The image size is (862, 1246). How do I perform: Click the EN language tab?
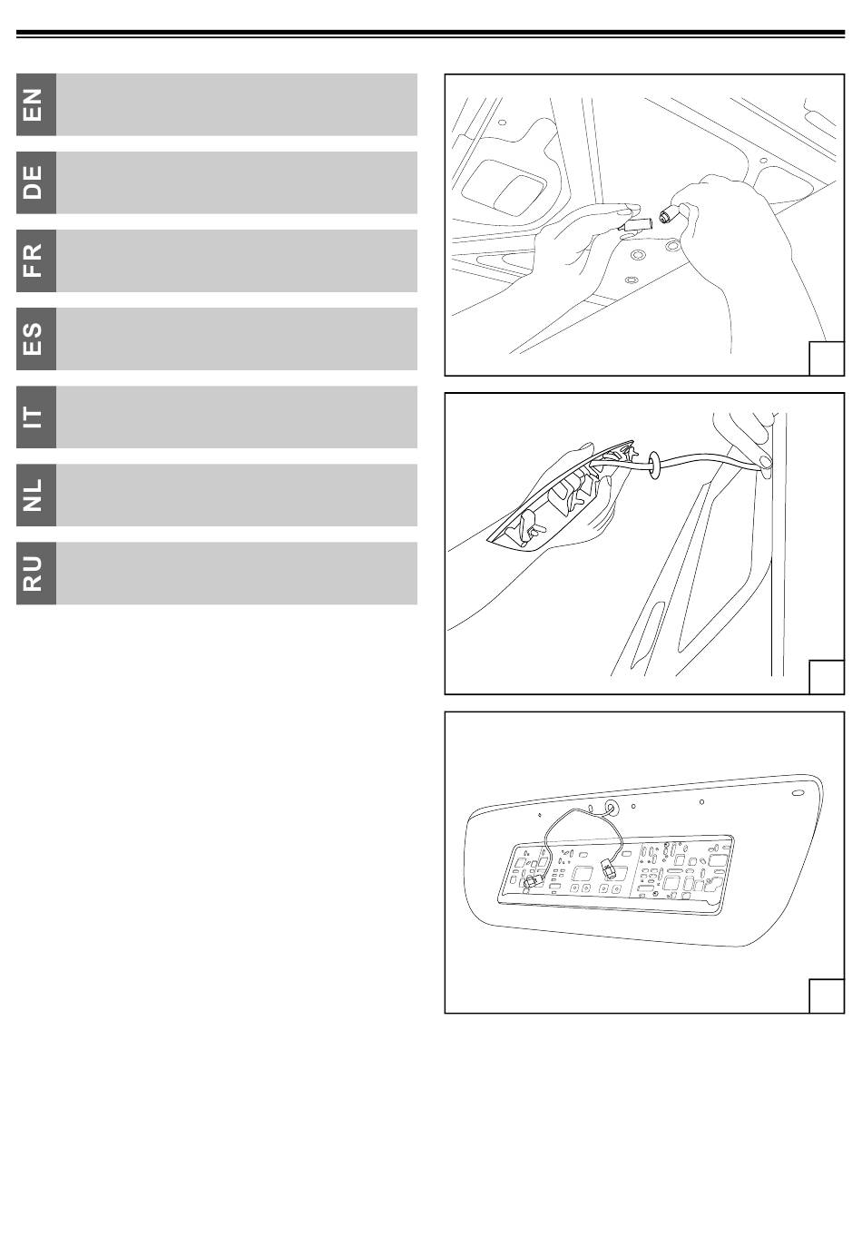pyautogui.click(x=36, y=104)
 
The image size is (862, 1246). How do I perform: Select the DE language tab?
pyautogui.click(x=36, y=182)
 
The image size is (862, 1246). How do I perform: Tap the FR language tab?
pyautogui.click(x=36, y=260)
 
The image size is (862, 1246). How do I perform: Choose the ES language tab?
pyautogui.click(x=36, y=338)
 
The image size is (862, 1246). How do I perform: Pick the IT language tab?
pyautogui.click(x=36, y=417)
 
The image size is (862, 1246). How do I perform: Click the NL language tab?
pyautogui.click(x=36, y=495)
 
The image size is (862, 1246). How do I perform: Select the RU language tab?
pyautogui.click(x=36, y=574)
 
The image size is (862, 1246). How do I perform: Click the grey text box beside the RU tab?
pyautogui.click(x=237, y=574)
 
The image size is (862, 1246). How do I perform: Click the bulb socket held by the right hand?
pyautogui.click(x=670, y=214)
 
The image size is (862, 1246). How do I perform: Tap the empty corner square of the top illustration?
pyautogui.click(x=827, y=358)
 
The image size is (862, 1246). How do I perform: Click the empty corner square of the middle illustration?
pyautogui.click(x=827, y=677)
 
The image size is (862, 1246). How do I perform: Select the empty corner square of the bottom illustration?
pyautogui.click(x=827, y=996)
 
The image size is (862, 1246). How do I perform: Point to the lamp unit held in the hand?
pyautogui.click(x=562, y=495)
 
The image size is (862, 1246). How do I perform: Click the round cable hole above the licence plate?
pyautogui.click(x=611, y=807)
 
